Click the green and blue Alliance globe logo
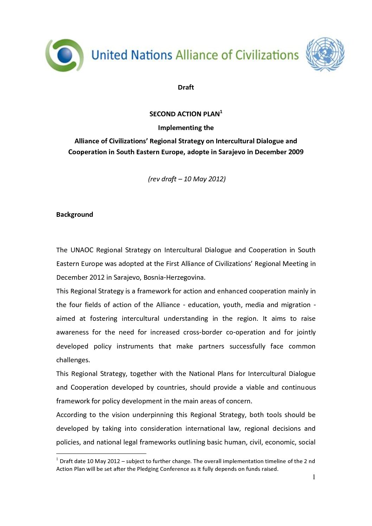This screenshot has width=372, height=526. point(65,55)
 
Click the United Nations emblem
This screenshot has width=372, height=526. point(325,54)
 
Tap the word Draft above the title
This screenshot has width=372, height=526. point(186,87)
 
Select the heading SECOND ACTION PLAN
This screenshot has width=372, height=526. point(184,114)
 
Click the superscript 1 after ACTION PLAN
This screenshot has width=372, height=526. point(221,112)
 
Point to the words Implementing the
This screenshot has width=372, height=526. point(186,128)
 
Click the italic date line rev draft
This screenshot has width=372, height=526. point(187,179)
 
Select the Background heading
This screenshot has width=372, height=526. point(75,215)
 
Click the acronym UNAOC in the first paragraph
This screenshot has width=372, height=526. point(82,250)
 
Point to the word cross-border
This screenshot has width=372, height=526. point(203,332)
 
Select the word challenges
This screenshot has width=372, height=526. point(73,360)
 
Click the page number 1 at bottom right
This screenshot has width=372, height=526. point(314,477)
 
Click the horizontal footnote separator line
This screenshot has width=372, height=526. point(101,454)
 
